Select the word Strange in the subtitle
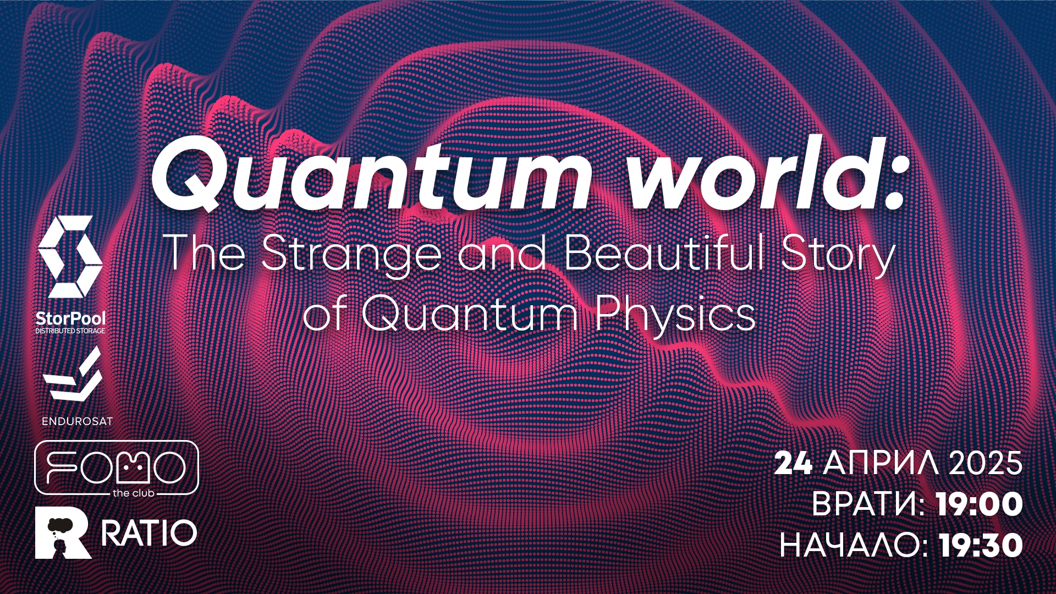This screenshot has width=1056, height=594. click(x=351, y=254)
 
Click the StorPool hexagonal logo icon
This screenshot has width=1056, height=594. click(x=70, y=256)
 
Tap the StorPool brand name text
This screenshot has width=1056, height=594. click(x=70, y=318)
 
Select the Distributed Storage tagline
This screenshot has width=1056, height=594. click(x=70, y=331)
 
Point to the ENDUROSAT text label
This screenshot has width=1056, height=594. click(x=77, y=421)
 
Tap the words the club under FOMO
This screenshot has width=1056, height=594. click(x=133, y=493)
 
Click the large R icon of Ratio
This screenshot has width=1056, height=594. click(x=62, y=533)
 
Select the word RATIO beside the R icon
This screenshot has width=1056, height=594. click(x=148, y=533)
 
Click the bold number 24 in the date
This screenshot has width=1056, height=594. click(x=793, y=463)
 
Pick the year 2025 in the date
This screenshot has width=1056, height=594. click(x=985, y=463)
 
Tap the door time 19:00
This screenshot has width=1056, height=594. click(x=979, y=504)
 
